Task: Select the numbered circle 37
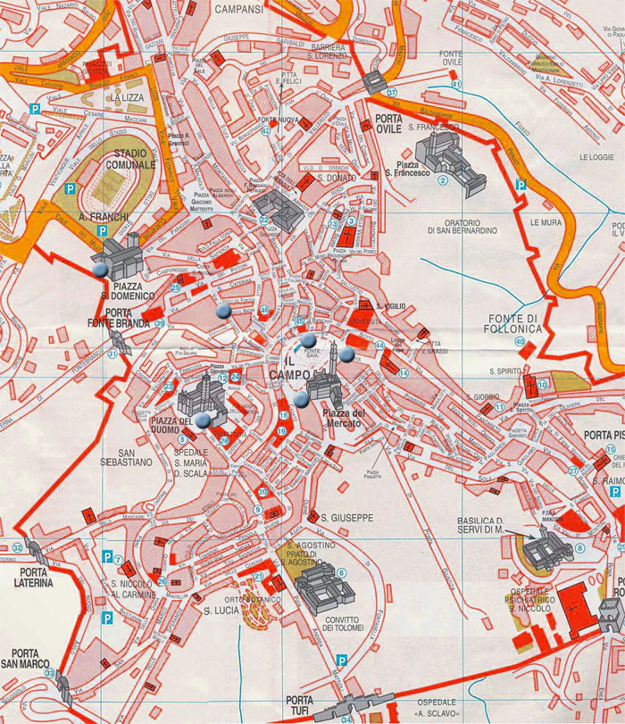click(x=391, y=93)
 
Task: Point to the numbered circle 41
click(x=456, y=85)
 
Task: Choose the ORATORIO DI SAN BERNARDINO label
click(x=461, y=226)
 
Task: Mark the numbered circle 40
click(x=521, y=342)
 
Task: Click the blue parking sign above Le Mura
click(x=521, y=185)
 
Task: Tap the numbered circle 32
click(x=17, y=548)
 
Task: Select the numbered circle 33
click(x=50, y=673)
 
